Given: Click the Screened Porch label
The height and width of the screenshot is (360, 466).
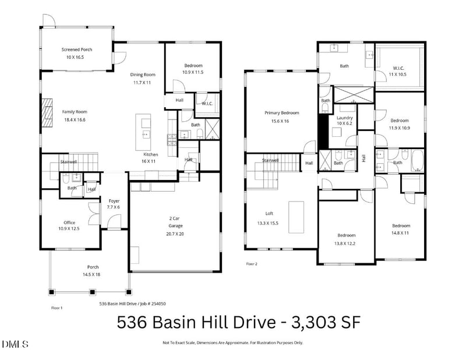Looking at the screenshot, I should (x=77, y=50).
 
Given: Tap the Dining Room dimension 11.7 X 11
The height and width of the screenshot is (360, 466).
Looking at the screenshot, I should (x=142, y=83).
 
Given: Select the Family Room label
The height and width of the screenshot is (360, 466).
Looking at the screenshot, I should (x=75, y=111).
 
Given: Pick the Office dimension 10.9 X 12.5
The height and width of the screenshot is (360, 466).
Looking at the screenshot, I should (x=69, y=228).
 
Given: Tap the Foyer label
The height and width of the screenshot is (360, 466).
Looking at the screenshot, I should (x=114, y=201).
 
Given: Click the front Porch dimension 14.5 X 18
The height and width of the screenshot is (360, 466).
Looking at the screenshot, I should (x=89, y=274).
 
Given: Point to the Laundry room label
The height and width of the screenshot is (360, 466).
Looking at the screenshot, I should (x=345, y=118).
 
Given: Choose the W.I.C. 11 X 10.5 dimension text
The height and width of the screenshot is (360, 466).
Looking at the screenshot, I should (x=398, y=75).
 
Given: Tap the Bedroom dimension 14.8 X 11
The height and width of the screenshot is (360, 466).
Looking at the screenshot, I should (x=401, y=232).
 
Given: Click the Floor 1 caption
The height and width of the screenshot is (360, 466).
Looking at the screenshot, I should (x=57, y=307).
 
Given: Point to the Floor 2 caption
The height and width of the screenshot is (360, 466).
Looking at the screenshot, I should (x=252, y=264).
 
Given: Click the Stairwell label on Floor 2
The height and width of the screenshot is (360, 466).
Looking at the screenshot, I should (x=270, y=160).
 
